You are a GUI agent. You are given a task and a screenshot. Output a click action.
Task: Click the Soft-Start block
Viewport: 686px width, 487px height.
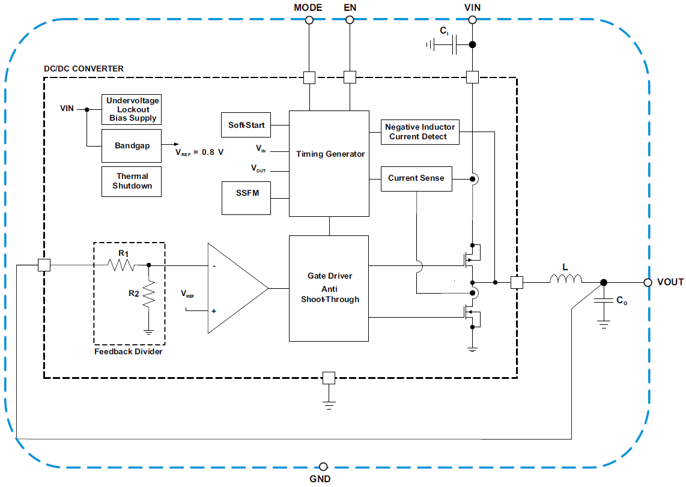(x=246, y=126)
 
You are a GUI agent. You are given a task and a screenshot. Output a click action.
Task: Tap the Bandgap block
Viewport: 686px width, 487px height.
(x=132, y=145)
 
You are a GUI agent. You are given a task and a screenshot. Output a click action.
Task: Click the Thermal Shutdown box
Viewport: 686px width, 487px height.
(x=132, y=181)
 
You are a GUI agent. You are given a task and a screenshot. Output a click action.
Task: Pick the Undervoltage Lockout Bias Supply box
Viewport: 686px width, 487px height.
(x=132, y=109)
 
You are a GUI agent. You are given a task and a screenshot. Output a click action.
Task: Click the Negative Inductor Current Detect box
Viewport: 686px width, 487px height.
(x=420, y=132)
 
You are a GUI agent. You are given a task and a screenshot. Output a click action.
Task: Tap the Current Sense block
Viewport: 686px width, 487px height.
(x=416, y=178)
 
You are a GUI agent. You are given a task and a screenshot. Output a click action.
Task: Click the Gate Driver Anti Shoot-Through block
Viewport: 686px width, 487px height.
(x=329, y=288)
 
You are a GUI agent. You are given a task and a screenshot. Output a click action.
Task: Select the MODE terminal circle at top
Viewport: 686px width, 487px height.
(x=309, y=20)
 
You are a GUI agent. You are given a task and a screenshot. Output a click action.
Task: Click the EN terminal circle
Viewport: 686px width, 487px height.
(x=349, y=20)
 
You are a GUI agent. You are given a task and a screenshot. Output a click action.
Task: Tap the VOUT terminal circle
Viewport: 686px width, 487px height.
(x=648, y=282)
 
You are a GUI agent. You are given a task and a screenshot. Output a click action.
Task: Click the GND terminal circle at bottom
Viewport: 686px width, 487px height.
(x=324, y=467)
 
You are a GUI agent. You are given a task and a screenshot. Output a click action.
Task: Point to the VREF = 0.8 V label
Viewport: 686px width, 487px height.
(x=199, y=153)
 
